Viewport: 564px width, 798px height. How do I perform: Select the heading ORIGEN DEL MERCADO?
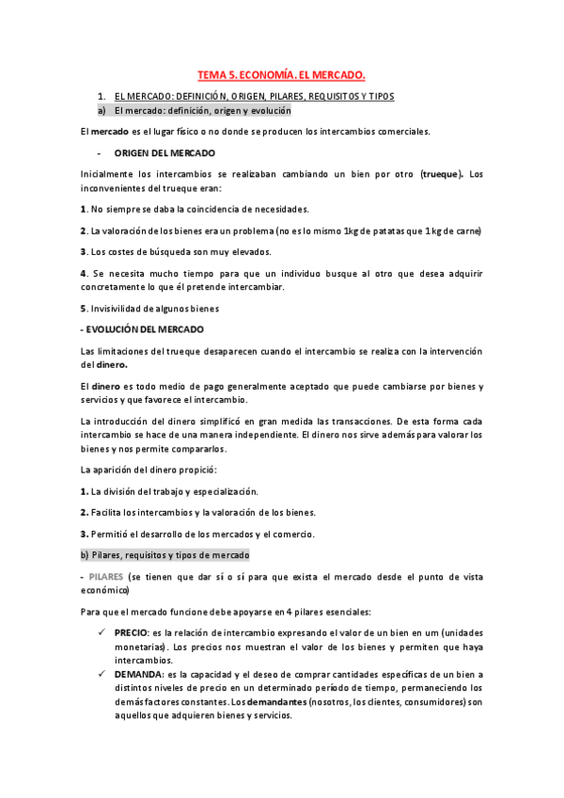coord(164,152)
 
